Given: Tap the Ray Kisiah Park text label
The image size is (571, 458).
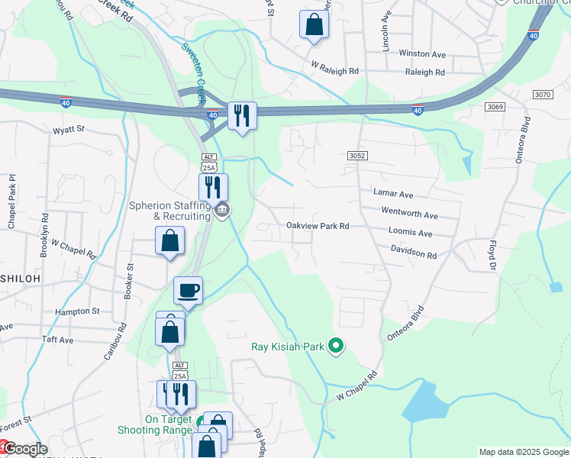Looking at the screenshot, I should [289, 347].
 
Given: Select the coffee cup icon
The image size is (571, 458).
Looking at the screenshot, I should [188, 290].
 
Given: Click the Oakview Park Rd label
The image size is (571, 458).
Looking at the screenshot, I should [318, 226].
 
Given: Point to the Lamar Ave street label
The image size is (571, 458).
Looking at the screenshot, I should [392, 195].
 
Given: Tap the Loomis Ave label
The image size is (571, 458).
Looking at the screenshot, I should [410, 234].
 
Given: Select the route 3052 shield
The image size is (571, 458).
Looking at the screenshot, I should [357, 156].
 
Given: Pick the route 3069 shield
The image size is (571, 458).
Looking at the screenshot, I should [495, 107].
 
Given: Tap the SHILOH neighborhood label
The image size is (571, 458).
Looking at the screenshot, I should [20, 279].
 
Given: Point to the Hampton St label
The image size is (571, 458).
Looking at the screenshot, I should [77, 311].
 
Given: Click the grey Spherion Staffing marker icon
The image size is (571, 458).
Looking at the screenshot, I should [222, 211].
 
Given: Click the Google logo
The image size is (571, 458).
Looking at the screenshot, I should [25, 449].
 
